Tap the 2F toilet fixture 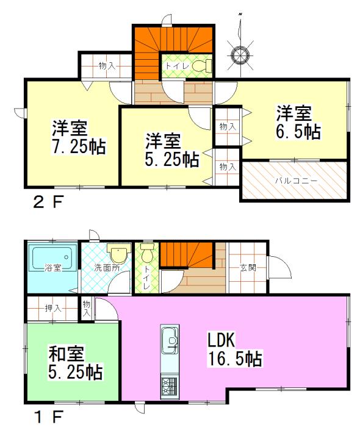click(200, 65)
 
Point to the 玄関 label click(247, 267)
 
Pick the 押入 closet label click(53, 309)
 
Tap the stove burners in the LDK click(168, 386)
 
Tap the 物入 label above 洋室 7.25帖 click(107, 65)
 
